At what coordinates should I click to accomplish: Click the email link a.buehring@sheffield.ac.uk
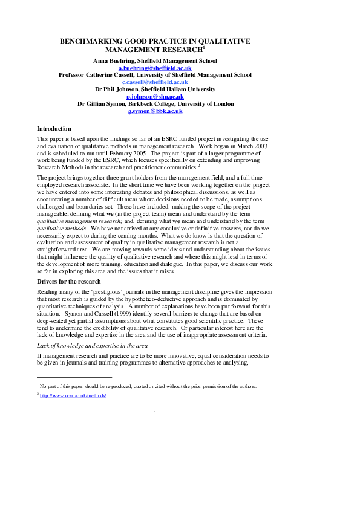(155, 68)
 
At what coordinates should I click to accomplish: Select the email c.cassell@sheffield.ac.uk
(155, 82)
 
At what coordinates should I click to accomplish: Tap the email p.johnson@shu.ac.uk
(155, 96)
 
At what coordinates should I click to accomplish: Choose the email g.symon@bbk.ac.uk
(155, 111)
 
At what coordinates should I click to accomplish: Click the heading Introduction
(54, 129)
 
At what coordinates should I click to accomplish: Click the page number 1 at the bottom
(155, 413)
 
